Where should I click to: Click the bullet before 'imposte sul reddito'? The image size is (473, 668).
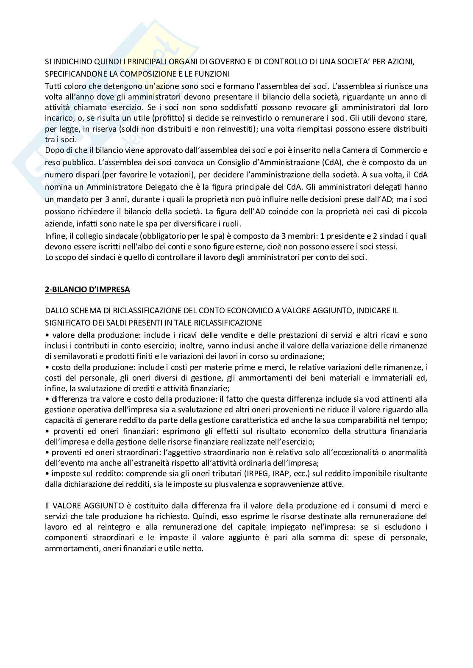(47, 473)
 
